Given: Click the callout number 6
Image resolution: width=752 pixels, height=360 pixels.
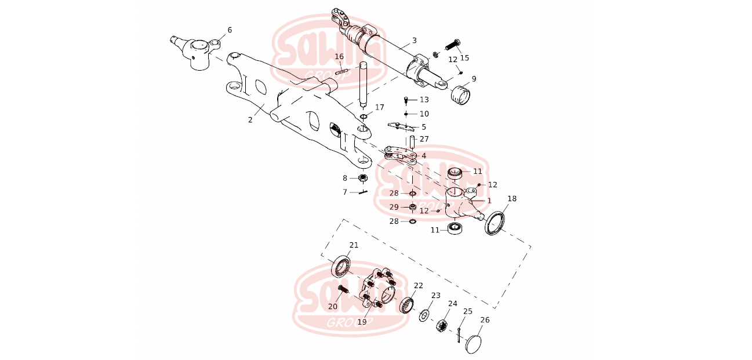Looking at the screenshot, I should coord(230,30).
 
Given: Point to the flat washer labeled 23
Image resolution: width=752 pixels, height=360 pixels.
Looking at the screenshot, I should coord(424,315).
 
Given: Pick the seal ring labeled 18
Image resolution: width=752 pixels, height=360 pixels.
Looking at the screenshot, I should coord(495,223).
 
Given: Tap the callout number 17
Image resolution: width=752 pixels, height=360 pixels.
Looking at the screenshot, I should coord(379,107).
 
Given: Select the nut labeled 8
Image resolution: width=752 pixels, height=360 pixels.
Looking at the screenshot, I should coord(362,178).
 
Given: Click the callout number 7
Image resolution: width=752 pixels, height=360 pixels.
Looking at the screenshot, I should coord(344,192).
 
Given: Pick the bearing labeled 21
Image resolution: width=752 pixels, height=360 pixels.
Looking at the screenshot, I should coord(340,266).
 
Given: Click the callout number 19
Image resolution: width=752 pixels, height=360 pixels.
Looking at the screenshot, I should coord(362,322).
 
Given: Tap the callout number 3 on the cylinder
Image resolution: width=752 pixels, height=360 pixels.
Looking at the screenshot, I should coord(414,41).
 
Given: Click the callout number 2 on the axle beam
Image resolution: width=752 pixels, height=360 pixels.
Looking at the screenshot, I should coord(250,119).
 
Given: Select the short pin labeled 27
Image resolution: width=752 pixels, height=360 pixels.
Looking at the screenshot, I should coord(412,141).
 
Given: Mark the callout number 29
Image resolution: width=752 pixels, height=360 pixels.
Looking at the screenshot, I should coord(394,207).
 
